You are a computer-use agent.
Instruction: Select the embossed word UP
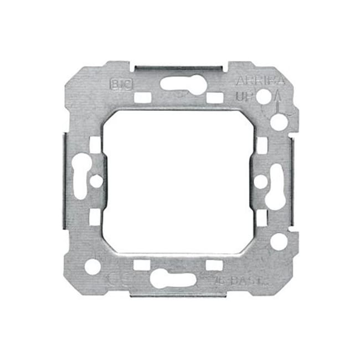245,96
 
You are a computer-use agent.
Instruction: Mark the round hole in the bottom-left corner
92,266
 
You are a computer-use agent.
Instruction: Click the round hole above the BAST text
279,241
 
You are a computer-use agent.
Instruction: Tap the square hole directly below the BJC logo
142,97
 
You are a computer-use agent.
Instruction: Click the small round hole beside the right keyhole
260,180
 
